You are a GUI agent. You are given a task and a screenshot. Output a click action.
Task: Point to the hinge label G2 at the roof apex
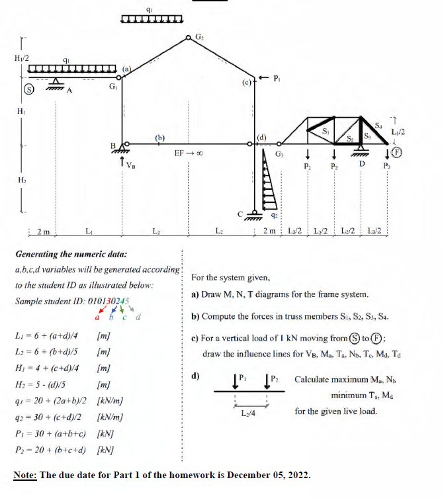click(x=200, y=34)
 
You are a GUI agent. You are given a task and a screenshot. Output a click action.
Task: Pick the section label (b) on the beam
click(x=159, y=137)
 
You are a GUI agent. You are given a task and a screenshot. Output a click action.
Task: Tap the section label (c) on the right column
click(x=247, y=83)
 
